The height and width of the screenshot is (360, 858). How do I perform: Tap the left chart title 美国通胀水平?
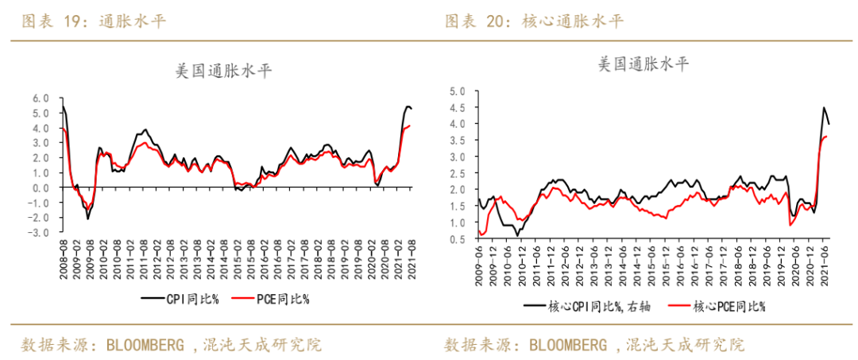pyautogui.click(x=224, y=71)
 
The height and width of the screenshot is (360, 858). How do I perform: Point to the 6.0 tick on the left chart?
pyautogui.click(x=41, y=99)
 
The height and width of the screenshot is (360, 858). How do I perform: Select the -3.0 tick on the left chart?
pyautogui.click(x=39, y=233)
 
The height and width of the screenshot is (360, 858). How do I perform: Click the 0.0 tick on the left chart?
pyautogui.click(x=41, y=188)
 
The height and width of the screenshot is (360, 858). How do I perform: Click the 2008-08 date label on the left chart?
pyautogui.click(x=63, y=257)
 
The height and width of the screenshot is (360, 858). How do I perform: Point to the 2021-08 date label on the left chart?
pyautogui.click(x=411, y=257)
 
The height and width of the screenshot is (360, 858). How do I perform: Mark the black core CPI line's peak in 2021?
pyautogui.click(x=824, y=108)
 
